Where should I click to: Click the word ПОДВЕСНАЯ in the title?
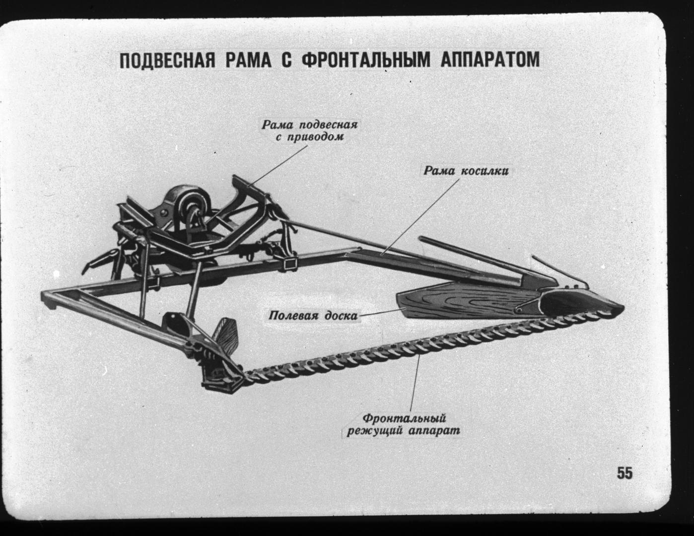167,61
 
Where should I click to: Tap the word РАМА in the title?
248,61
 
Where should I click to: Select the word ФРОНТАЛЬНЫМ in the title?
366,61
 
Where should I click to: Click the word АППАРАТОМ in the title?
490,60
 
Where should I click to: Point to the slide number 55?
625,473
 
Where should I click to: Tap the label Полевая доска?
313,316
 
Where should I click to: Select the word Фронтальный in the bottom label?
405,418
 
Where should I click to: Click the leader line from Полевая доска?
382,312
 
